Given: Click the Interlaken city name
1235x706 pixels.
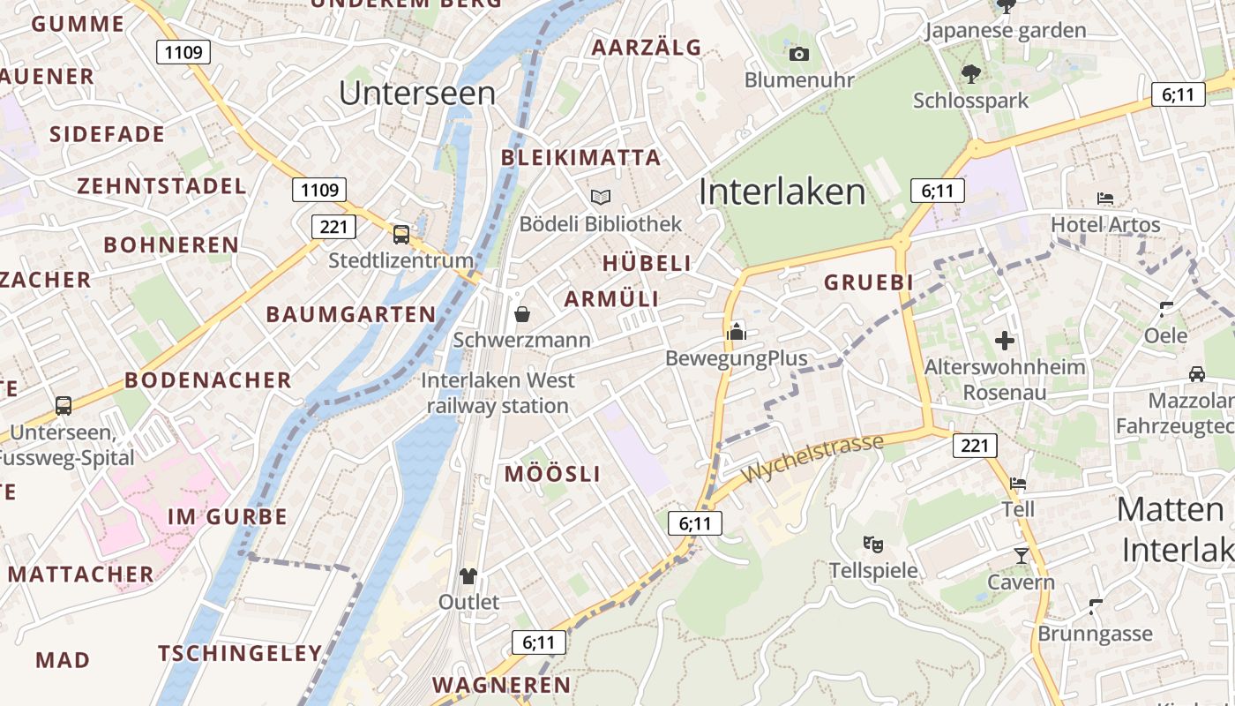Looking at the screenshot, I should coord(782,192).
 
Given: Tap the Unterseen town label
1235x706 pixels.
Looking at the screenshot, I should coord(417,93).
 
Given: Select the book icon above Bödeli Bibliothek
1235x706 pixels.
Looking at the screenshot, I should coord(601,197).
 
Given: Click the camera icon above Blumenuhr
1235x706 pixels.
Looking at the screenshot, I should coord(799,55).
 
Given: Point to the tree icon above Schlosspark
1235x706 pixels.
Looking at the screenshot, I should coord(971,74).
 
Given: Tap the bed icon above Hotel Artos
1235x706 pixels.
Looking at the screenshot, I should coord(1105,199).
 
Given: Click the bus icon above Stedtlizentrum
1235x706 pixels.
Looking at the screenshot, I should coord(401,234).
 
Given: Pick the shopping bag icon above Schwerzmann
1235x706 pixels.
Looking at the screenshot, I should coord(522,313).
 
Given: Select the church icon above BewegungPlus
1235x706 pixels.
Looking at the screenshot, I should coord(737,332).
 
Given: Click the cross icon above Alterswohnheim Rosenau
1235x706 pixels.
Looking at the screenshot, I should coord(1004,340).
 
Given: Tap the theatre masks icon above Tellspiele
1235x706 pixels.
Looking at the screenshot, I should coord(873,544).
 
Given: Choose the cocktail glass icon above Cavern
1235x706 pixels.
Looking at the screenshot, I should coord(1021,555).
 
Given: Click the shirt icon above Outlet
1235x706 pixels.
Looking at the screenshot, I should coord(468,576).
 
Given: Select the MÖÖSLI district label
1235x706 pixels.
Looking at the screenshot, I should coord(552,474).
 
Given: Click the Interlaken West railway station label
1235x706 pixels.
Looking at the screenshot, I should coord(498,394).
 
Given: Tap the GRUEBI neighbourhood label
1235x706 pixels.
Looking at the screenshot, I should coord(868,282).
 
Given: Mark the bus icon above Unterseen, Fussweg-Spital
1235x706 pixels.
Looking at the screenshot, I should coord(64,406).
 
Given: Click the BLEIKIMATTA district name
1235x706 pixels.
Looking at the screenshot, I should coord(580,158).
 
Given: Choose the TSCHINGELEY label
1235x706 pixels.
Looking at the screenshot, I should coord(240,654).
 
